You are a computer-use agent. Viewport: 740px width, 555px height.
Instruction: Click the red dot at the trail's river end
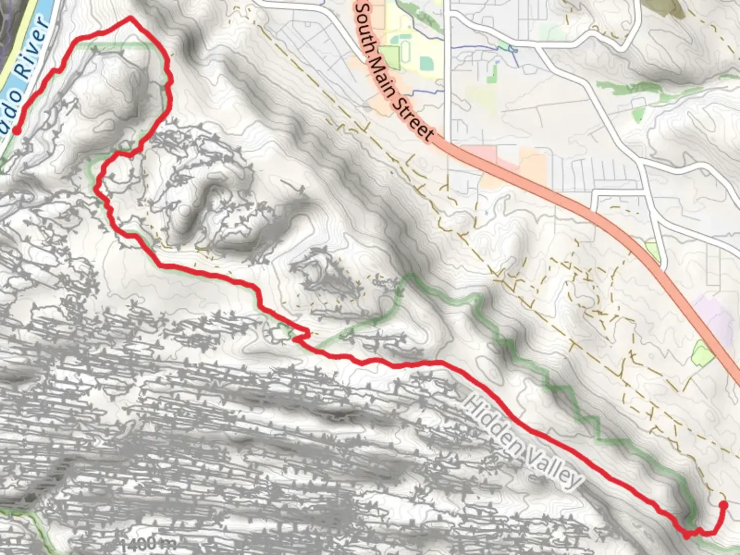click(x=16, y=131)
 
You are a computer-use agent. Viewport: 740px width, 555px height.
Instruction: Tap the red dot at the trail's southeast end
click(x=723, y=505)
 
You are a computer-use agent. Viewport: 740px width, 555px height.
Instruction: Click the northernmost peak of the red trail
click(x=131, y=18)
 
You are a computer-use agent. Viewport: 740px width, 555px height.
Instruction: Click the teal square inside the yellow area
click(x=425, y=63)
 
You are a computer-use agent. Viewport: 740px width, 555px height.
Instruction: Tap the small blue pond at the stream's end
click(x=512, y=50)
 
